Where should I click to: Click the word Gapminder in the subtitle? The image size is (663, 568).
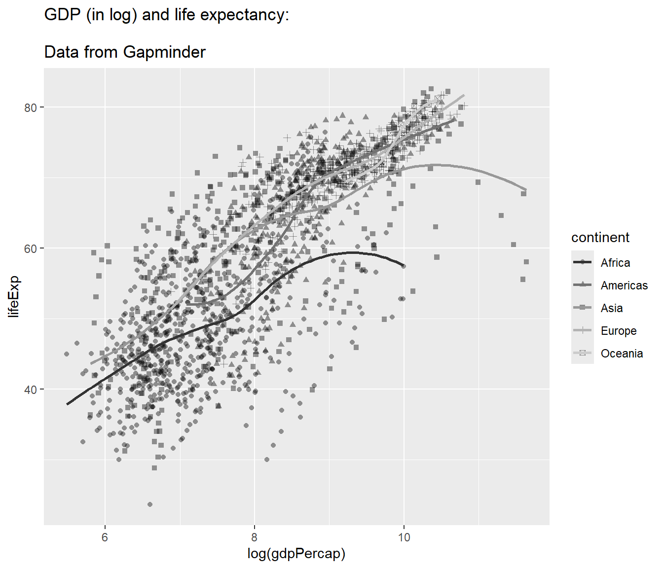[164, 52]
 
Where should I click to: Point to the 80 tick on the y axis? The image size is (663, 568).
[31, 107]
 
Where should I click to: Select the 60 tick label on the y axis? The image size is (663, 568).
[31, 248]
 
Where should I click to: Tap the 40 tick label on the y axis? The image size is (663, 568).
[31, 390]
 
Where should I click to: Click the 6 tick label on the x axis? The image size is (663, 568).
[105, 537]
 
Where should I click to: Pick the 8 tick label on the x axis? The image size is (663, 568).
[255, 537]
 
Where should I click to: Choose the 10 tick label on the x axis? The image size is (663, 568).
[404, 537]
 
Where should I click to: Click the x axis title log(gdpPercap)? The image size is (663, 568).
[296, 554]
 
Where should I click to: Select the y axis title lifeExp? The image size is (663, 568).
[14, 297]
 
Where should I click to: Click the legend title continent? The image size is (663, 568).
[600, 238]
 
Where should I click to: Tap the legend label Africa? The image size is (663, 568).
[615, 263]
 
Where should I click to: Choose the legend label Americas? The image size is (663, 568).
[624, 285]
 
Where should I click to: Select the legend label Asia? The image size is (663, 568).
[612, 308]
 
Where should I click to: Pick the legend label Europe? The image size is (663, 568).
[619, 331]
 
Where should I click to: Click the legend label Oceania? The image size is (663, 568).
[622, 354]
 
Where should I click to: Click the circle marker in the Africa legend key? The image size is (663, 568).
[583, 262]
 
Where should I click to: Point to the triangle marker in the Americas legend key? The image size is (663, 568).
[583, 285]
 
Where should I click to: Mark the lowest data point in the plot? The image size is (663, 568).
[150, 504]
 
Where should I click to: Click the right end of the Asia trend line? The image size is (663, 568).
[526, 190]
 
